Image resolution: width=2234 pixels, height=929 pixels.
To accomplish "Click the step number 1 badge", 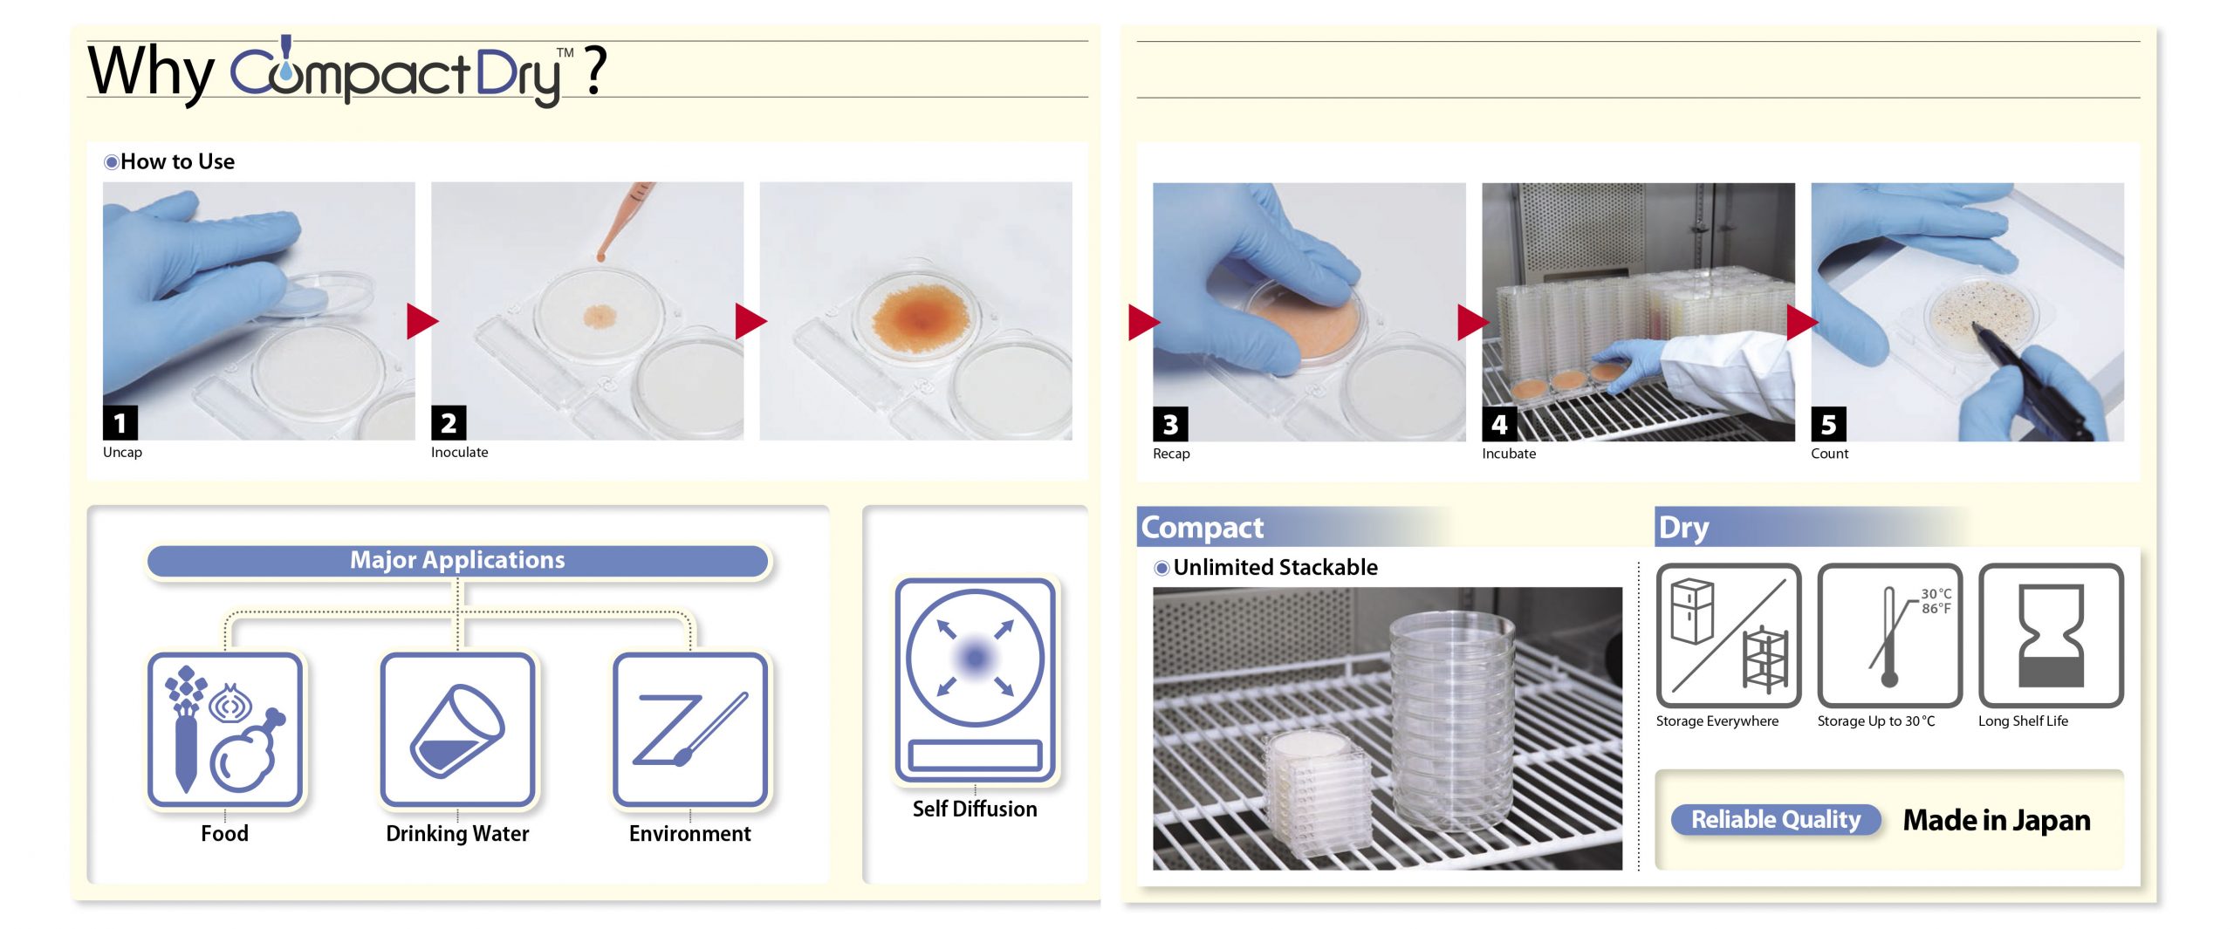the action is pos(120,423).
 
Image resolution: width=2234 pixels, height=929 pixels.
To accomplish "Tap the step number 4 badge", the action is pos(1499,424).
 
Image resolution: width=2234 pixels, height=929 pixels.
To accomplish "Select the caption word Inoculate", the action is pos(459,452).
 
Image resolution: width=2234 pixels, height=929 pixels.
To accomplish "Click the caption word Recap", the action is pos(1171,454).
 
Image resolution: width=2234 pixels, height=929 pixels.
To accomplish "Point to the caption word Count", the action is pos(1829,454).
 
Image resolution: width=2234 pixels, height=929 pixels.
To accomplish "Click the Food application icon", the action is pos(225,729).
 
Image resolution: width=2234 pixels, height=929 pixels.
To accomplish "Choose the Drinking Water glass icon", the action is pos(457,729).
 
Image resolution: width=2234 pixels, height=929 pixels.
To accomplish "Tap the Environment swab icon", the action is pos(690,729).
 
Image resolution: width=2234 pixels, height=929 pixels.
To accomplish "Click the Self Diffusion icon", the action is pos(975,680).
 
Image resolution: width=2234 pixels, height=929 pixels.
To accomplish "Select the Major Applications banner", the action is pos(457,560).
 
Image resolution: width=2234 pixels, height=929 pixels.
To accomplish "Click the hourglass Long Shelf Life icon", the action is pos(2051,635).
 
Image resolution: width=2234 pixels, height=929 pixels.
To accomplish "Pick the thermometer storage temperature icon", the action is pos(1889,635).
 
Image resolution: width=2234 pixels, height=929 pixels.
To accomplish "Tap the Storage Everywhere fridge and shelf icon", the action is pos(1728,635).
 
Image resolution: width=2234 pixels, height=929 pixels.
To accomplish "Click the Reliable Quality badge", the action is pos(1776,820).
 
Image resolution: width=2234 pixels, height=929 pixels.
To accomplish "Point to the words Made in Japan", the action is pos(1997,820).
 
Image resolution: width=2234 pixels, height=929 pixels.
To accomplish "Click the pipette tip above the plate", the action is pos(600,256).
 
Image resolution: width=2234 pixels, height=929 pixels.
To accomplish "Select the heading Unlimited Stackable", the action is pos(1275,567).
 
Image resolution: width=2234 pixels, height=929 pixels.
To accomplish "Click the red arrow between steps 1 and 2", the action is pos(422,321).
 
